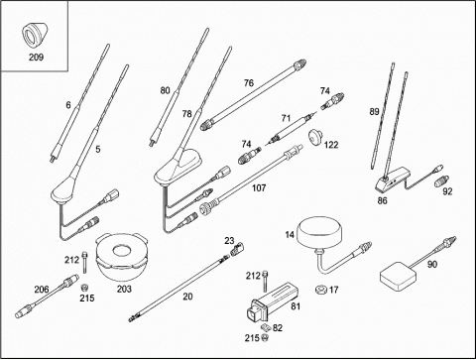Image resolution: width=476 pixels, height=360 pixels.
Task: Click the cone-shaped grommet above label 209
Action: pyautogui.click(x=35, y=35)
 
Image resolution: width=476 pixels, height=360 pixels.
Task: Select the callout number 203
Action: pyautogui.click(x=124, y=289)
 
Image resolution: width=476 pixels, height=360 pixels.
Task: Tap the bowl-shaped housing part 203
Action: pyautogui.click(x=121, y=257)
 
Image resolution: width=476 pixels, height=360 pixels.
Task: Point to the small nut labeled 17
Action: pyautogui.click(x=321, y=290)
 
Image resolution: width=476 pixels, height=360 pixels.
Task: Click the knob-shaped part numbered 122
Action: pyautogui.click(x=316, y=136)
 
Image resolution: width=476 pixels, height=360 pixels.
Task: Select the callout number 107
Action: pyautogui.click(x=259, y=188)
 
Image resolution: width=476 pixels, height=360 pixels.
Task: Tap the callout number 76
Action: pyautogui.click(x=249, y=83)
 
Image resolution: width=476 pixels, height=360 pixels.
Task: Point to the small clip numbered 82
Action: pyautogui.click(x=266, y=328)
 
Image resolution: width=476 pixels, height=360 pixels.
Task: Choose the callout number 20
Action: pyautogui.click(x=187, y=297)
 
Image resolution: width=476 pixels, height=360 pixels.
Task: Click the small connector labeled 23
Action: pyautogui.click(x=237, y=249)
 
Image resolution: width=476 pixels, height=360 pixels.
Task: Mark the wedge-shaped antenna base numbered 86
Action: pyautogui.click(x=393, y=180)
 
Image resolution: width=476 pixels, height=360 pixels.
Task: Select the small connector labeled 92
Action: pyautogui.click(x=443, y=180)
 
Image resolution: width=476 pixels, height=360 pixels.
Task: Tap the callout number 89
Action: pyautogui.click(x=374, y=112)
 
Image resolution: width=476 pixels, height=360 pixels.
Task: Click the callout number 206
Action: pyautogui.click(x=42, y=290)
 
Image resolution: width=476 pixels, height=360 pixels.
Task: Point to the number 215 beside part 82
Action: pyautogui.click(x=252, y=338)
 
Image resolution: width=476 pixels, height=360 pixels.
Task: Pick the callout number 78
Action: pyautogui.click(x=186, y=114)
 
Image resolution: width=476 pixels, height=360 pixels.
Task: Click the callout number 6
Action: pyautogui.click(x=68, y=105)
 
